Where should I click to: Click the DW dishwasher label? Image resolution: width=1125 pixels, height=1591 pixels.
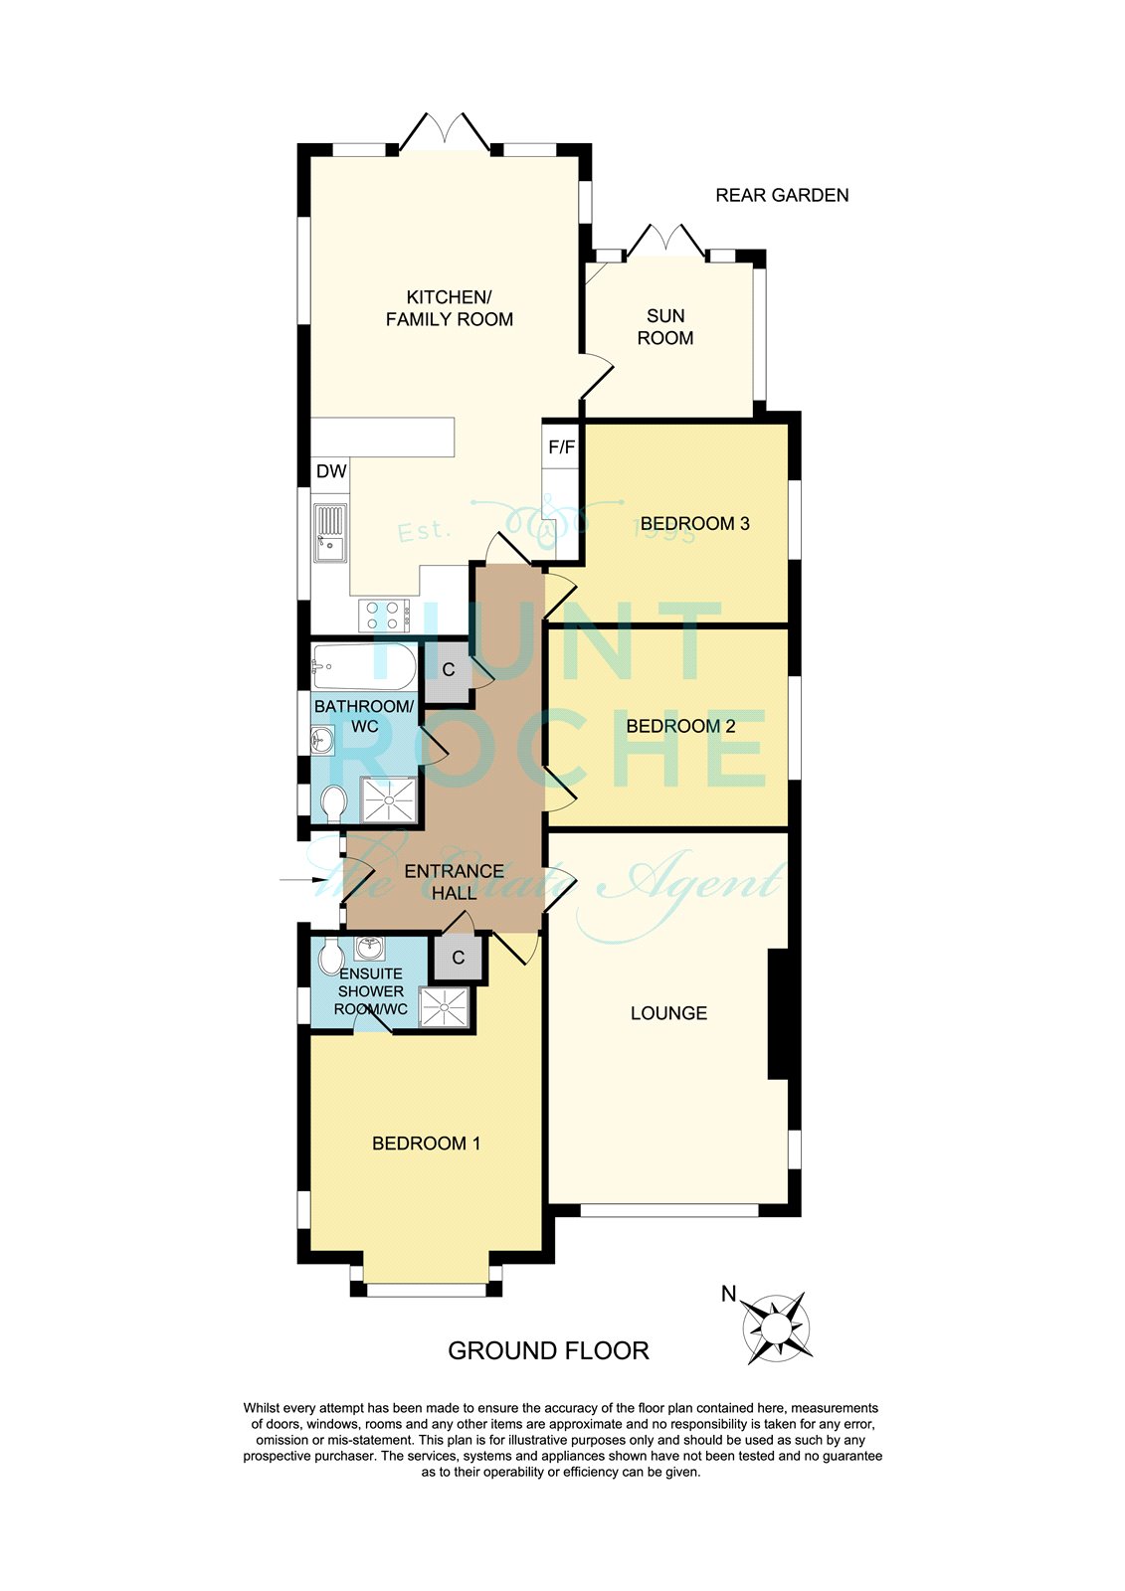(x=331, y=471)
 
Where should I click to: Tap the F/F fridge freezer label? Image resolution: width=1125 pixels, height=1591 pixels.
(x=562, y=447)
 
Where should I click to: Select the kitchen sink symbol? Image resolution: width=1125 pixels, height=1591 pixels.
(x=330, y=534)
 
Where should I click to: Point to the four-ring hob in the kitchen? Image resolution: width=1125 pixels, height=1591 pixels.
(x=384, y=616)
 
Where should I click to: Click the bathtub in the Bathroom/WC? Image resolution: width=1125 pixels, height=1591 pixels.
(x=363, y=666)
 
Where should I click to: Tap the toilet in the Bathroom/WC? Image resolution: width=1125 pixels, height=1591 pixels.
(x=333, y=802)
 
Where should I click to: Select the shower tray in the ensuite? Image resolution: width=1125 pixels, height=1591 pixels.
(x=444, y=1006)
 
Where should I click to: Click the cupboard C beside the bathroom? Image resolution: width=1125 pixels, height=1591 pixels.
(x=449, y=670)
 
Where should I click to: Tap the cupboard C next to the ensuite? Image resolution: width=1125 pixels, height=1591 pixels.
(x=459, y=958)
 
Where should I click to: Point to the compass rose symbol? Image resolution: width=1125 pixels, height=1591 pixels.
(x=778, y=1328)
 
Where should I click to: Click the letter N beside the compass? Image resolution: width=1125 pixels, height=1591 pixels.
(x=729, y=1294)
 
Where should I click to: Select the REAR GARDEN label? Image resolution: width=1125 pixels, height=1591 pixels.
(x=782, y=196)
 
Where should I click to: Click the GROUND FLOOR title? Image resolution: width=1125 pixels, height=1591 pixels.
(x=548, y=1350)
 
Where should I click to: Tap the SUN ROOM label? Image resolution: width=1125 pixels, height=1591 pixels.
(x=665, y=327)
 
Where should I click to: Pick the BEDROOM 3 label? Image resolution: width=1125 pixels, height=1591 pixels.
(x=694, y=524)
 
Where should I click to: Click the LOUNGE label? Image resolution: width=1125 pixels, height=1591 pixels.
(x=668, y=1013)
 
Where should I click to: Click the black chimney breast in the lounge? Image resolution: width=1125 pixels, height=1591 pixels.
(x=778, y=1014)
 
